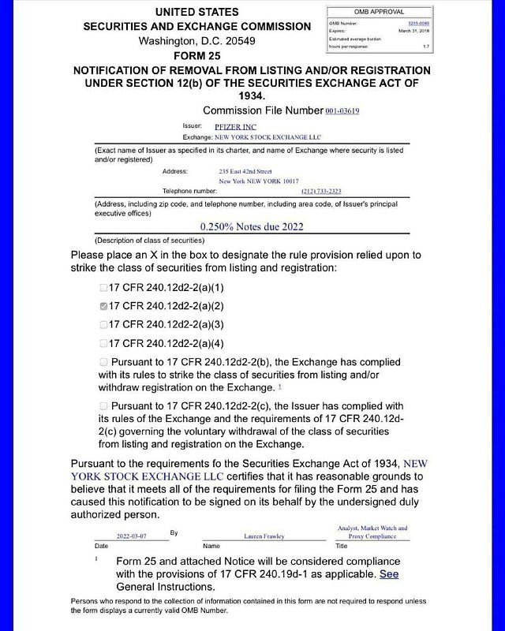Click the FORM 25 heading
pyautogui.click(x=197, y=56)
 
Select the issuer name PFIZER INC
pyautogui.click(x=235, y=126)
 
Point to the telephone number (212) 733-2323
pyautogui.click(x=321, y=191)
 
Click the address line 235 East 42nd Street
pyautogui.click(x=245, y=170)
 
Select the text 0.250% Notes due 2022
pyautogui.click(x=252, y=226)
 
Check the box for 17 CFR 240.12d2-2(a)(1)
pyautogui.click(x=103, y=288)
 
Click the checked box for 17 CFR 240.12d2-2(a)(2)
pyautogui.click(x=103, y=306)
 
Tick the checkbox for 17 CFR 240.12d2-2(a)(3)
pyautogui.click(x=103, y=324)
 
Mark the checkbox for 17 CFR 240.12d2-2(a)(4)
pyautogui.click(x=103, y=343)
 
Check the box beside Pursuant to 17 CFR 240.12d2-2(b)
pyautogui.click(x=103, y=361)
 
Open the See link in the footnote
pyautogui.click(x=389, y=573)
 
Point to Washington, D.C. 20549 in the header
pyautogui.click(x=197, y=41)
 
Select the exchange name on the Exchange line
pyautogui.click(x=259, y=137)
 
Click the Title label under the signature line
pyautogui.click(x=342, y=546)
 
